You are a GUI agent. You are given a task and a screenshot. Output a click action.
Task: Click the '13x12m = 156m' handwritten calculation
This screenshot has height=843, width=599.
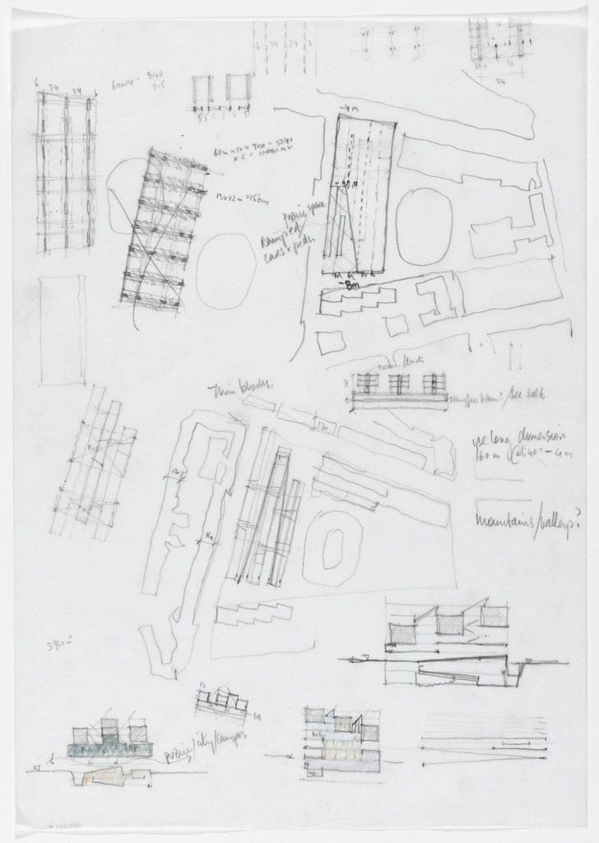pyautogui.click(x=237, y=198)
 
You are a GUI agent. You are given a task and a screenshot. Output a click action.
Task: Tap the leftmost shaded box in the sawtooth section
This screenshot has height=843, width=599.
pyautogui.click(x=403, y=631)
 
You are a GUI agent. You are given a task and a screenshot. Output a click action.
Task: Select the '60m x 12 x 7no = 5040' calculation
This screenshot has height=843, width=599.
pyautogui.click(x=256, y=153)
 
